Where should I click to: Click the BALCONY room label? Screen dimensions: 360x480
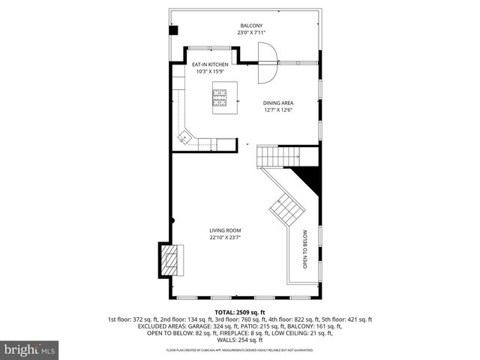click(x=250, y=25)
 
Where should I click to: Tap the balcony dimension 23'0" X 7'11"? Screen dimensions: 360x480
click(x=250, y=33)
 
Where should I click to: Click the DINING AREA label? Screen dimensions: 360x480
click(x=277, y=103)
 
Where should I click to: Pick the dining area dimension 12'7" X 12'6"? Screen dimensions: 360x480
click(x=277, y=110)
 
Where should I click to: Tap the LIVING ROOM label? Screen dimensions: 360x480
click(x=225, y=230)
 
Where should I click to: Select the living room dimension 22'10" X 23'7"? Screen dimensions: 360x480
click(x=225, y=238)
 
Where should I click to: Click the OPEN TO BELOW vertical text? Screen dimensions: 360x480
click(x=305, y=249)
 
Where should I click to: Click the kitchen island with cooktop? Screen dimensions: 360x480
click(x=221, y=98)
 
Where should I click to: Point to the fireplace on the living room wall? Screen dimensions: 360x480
click(x=170, y=262)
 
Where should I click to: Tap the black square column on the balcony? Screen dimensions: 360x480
click(x=173, y=31)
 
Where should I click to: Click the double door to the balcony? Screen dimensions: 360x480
click(x=267, y=63)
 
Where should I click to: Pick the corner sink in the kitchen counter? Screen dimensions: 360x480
click(x=185, y=136)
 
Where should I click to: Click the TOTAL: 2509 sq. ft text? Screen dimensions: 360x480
click(x=240, y=311)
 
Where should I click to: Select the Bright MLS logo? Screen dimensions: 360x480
click(x=31, y=350)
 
